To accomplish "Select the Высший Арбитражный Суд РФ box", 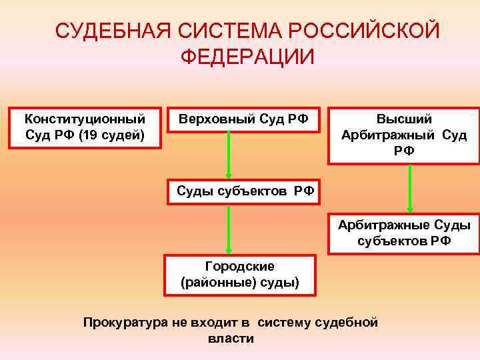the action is click(x=404, y=135).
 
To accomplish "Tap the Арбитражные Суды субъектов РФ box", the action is click(x=404, y=233).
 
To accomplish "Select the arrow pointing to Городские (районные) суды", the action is click(x=229, y=228).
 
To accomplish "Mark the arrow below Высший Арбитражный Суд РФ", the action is click(x=411, y=188).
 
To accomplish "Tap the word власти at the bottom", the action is click(x=231, y=339).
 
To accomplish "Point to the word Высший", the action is click(x=404, y=119).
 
